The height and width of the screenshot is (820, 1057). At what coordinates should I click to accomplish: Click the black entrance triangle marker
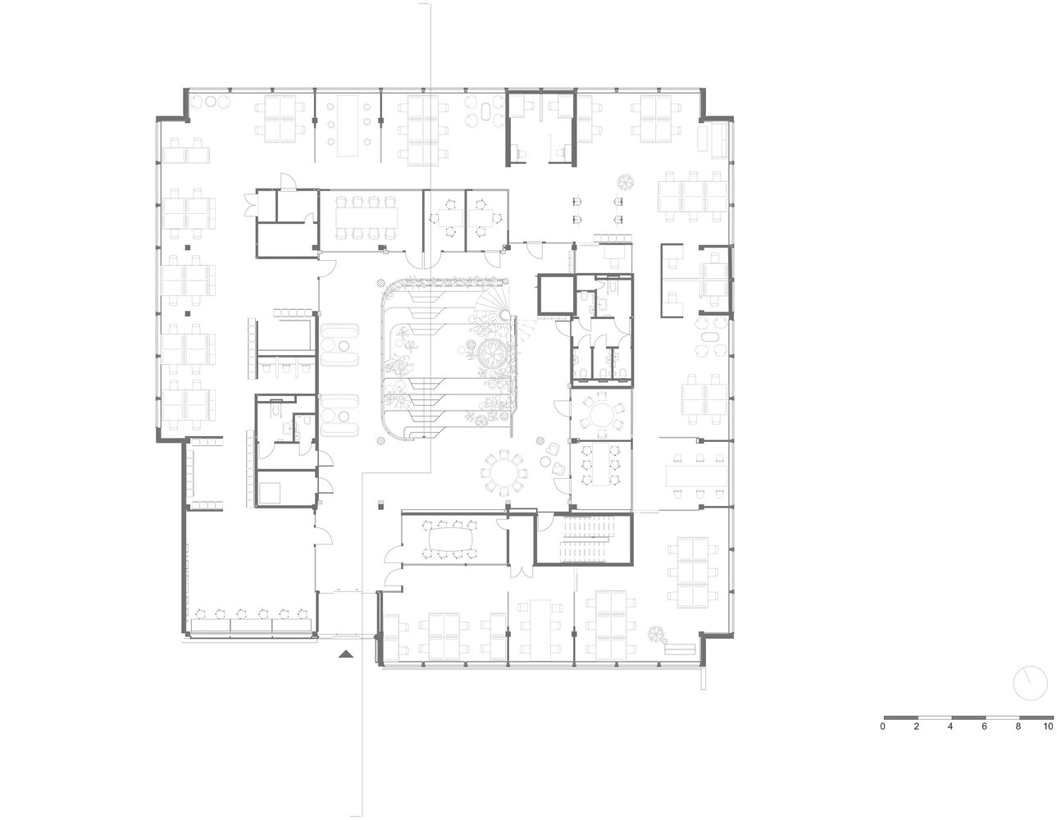coord(346,654)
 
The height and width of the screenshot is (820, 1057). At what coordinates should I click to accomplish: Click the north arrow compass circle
coord(1030,683)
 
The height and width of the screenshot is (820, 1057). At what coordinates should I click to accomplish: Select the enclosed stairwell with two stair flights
coord(584,539)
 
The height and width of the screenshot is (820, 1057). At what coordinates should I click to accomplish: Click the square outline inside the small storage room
coord(270,493)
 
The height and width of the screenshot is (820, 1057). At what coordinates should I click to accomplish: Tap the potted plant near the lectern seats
coord(626,183)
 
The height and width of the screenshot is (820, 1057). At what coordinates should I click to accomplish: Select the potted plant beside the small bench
coord(656,633)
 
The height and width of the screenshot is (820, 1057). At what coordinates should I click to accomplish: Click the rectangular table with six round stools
coord(348,125)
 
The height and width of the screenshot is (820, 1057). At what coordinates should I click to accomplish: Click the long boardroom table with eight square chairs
coord(366,217)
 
